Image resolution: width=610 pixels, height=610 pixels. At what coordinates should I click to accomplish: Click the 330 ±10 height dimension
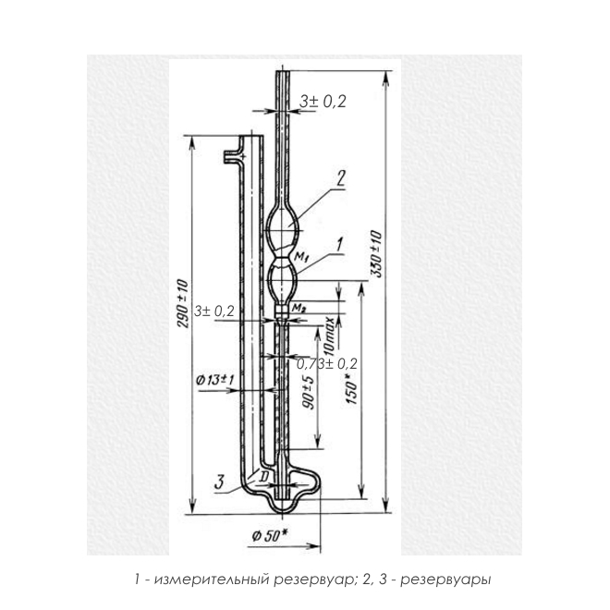coord(376,254)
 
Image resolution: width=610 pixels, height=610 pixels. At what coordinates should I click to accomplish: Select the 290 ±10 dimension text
coord(182,303)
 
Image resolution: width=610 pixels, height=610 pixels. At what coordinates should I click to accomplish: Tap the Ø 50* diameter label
coord(270,536)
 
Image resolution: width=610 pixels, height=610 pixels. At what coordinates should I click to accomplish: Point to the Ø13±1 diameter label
coord(215,380)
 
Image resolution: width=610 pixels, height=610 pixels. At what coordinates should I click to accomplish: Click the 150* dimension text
coord(351,388)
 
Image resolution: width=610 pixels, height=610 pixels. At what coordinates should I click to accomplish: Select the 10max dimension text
coord(329,336)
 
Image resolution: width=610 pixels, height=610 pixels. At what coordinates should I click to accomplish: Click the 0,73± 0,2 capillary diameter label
coord(327,364)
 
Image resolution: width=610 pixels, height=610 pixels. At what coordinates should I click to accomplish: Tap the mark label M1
coord(301,256)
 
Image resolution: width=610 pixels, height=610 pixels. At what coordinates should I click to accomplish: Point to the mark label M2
coord(299,309)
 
